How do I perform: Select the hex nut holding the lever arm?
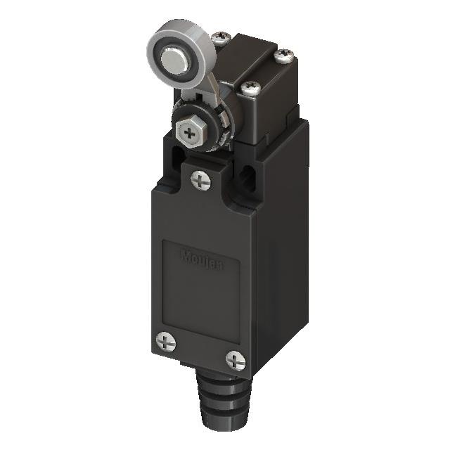click(190, 129)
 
